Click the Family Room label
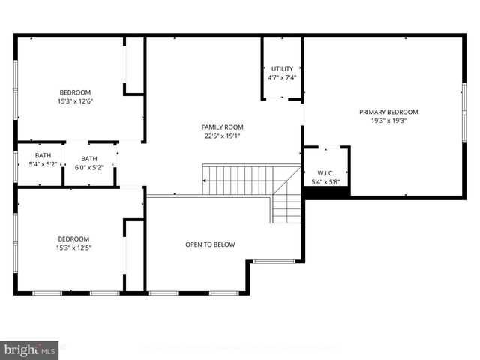pos(222,127)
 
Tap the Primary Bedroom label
pos(388,112)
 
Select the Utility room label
pos(282,68)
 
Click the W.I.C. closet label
pos(325,172)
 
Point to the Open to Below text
pos(210,244)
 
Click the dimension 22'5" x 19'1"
pos(222,136)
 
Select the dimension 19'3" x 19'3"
pos(388,121)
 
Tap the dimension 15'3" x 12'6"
pos(75,101)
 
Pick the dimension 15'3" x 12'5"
pos(74,247)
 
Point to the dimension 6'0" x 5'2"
pos(89,167)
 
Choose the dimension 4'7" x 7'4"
pos(282,77)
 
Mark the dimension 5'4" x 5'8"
pos(325,181)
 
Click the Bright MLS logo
pos(29,349)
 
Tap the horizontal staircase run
pos(240,180)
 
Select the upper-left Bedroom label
pos(75,92)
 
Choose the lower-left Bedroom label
pos(74,238)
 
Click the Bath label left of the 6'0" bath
pos(43,156)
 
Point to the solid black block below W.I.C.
pos(326,193)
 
